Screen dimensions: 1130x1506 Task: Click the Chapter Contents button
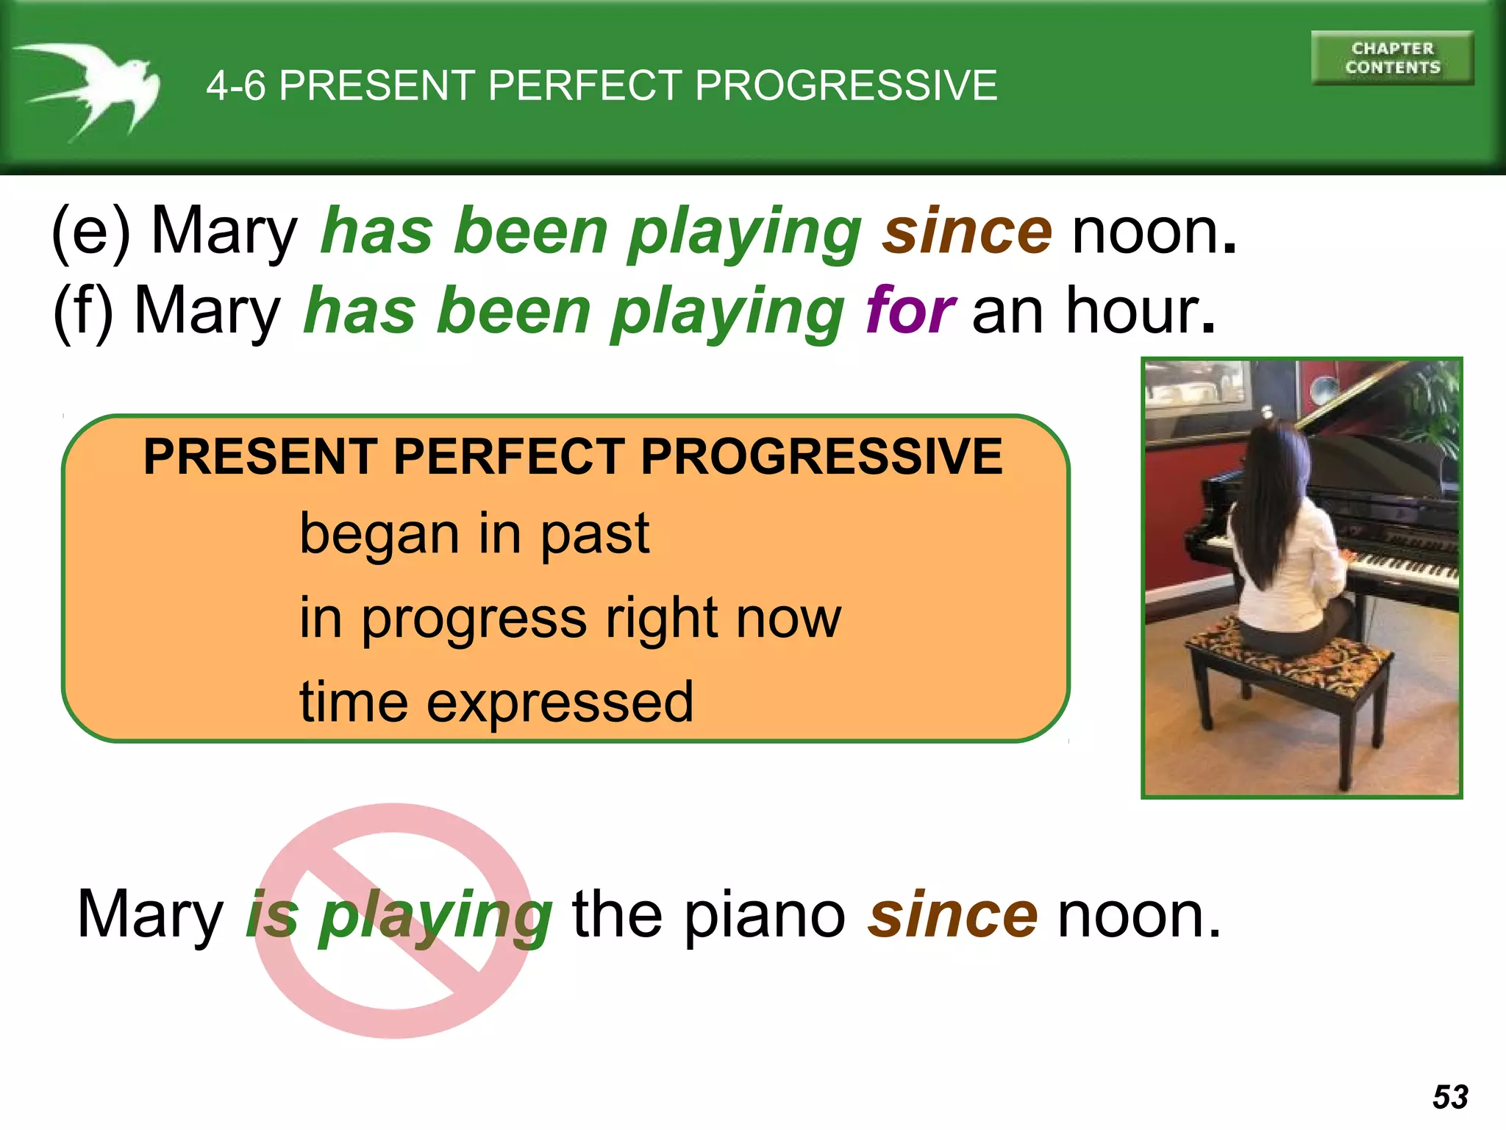point(1392,58)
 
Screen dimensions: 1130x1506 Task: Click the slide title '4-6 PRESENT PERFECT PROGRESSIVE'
point(602,85)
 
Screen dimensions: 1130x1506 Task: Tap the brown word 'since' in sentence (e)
point(967,231)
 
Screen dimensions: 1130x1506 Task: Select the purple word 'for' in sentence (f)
point(910,310)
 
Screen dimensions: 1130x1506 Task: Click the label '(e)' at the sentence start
point(90,232)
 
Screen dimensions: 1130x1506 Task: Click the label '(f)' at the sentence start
point(83,312)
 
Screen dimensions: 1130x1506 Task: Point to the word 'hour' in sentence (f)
point(1132,310)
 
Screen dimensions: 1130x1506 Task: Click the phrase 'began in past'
point(474,533)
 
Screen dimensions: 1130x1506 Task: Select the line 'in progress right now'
point(570,618)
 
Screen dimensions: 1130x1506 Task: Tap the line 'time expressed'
point(496,702)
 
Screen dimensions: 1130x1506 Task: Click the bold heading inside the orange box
point(572,457)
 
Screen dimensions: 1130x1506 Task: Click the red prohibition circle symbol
point(393,920)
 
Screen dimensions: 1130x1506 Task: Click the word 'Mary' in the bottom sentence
point(150,914)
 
